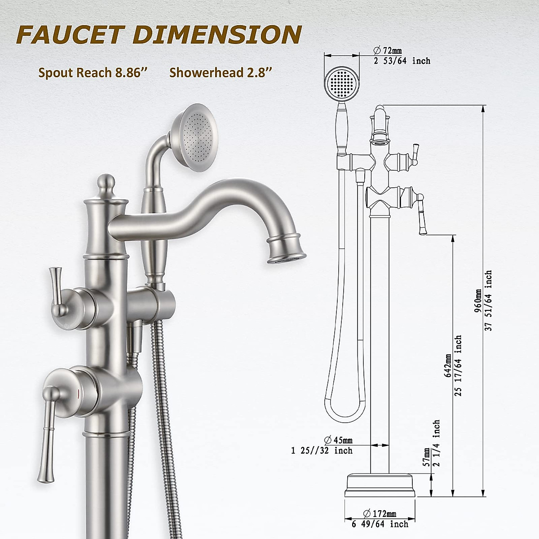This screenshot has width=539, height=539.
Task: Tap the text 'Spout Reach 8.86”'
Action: coord(93,73)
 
